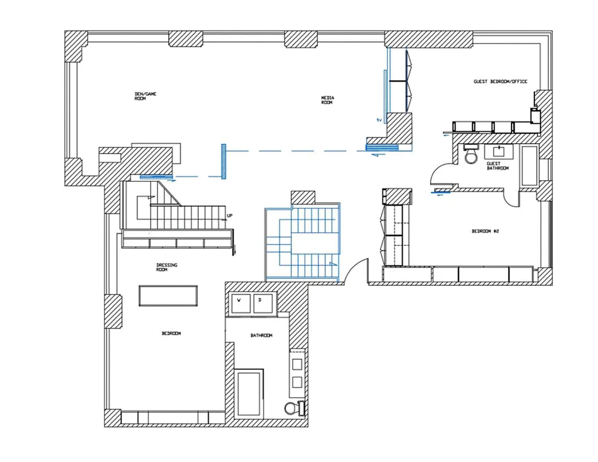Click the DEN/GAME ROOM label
click(x=145, y=96)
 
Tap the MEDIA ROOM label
click(x=327, y=99)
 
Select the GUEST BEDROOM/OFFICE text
click(x=500, y=82)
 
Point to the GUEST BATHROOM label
click(x=498, y=166)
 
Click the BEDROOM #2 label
click(x=484, y=231)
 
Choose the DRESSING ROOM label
click(x=167, y=267)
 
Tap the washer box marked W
click(x=239, y=301)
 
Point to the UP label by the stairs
click(x=230, y=216)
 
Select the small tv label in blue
click(x=379, y=120)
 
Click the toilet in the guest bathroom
click(x=472, y=155)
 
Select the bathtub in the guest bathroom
click(x=529, y=165)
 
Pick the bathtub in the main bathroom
click(x=249, y=393)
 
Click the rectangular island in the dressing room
click(x=169, y=296)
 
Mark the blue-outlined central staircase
click(x=302, y=243)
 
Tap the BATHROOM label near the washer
click(x=261, y=336)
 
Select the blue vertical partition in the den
click(x=222, y=161)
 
